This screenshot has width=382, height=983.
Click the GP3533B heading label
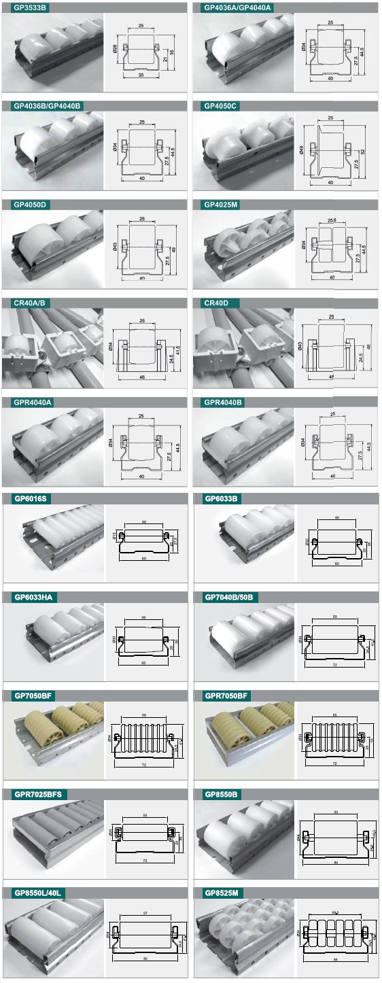click(x=30, y=8)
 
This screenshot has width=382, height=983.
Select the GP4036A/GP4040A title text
click(x=237, y=8)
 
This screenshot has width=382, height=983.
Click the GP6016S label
click(x=30, y=498)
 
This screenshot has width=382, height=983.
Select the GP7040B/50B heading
click(x=228, y=597)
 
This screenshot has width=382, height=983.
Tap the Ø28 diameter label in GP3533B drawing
click(x=116, y=50)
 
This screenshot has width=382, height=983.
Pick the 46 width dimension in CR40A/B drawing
click(x=141, y=376)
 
